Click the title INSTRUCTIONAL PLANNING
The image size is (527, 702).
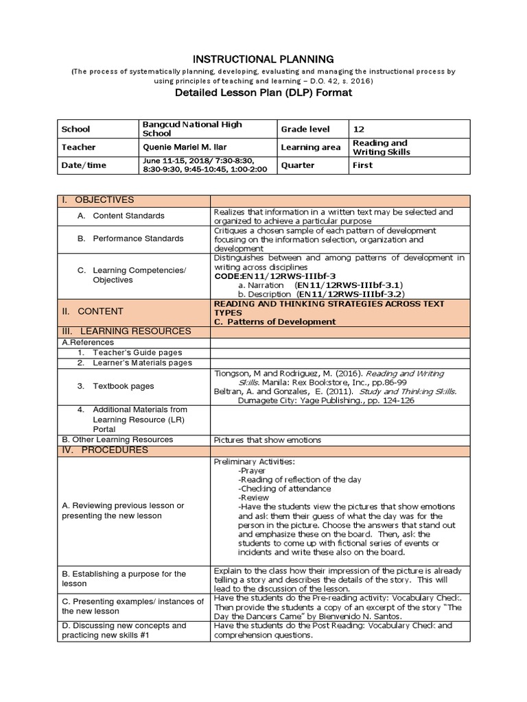[263, 60]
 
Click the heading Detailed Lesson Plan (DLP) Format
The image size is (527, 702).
[263, 93]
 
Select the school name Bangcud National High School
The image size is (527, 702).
[191, 129]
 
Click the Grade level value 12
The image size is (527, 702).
[359, 129]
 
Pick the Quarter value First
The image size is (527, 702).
[362, 165]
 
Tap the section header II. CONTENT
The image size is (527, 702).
[92, 311]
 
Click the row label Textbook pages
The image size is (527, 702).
[124, 386]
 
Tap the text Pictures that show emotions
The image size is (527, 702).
[268, 440]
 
